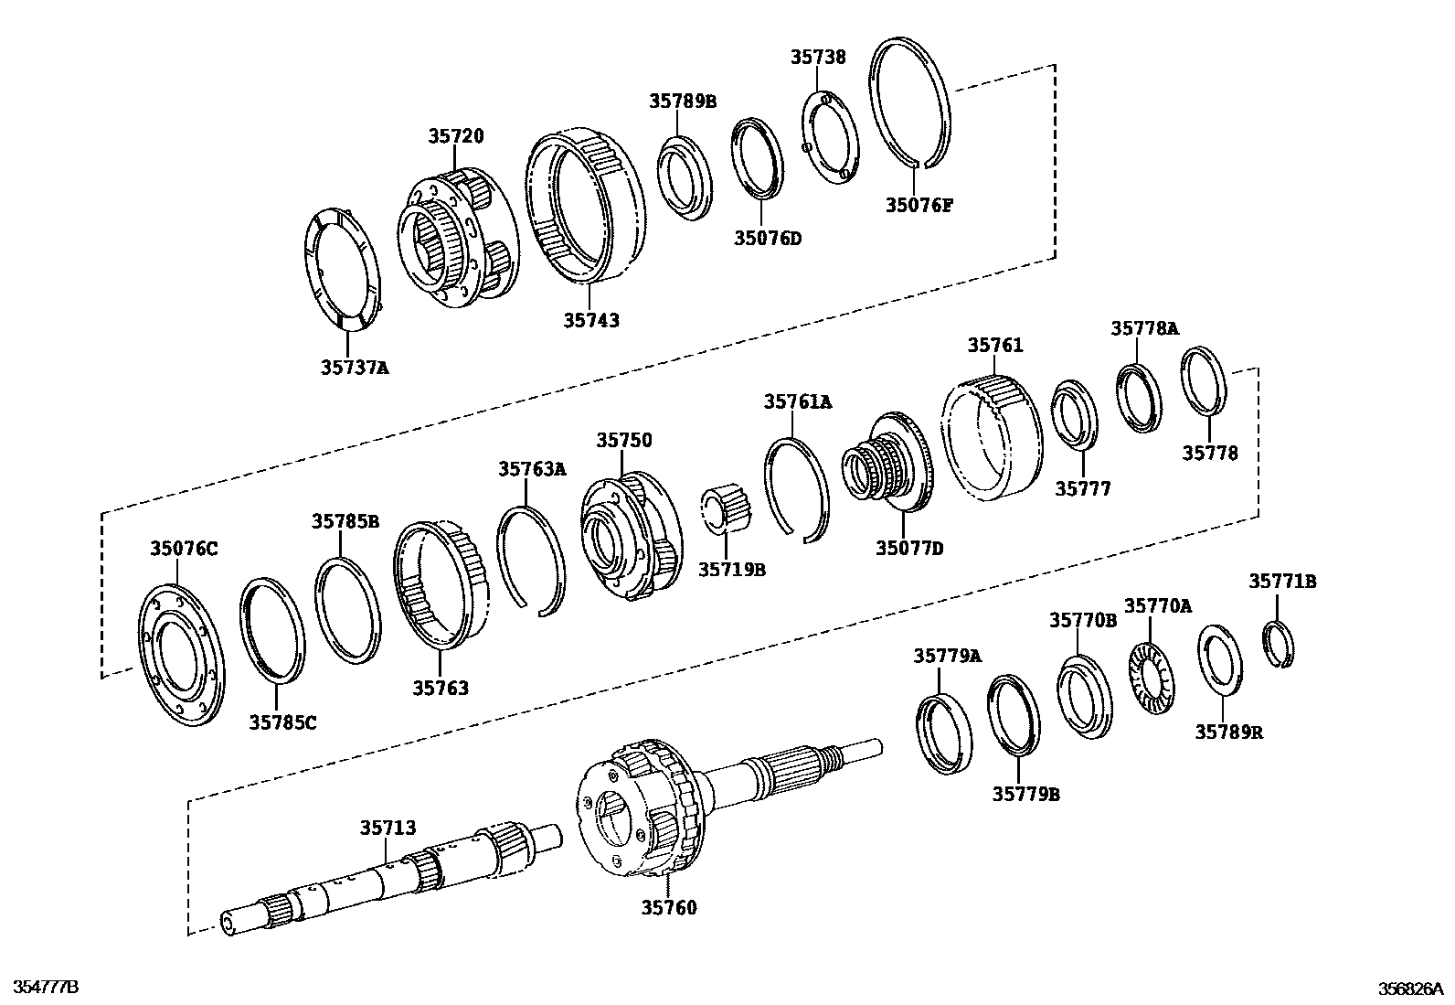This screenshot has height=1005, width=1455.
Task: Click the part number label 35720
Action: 456,136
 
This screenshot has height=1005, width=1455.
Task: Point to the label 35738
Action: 818,57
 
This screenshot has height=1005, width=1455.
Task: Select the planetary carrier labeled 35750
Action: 631,540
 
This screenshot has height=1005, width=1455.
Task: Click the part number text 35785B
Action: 345,521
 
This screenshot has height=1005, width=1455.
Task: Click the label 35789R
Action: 1229,732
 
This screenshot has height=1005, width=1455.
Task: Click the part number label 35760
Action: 668,907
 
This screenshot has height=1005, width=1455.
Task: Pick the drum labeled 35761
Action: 992,439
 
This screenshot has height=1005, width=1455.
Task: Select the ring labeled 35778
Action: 1205,380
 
